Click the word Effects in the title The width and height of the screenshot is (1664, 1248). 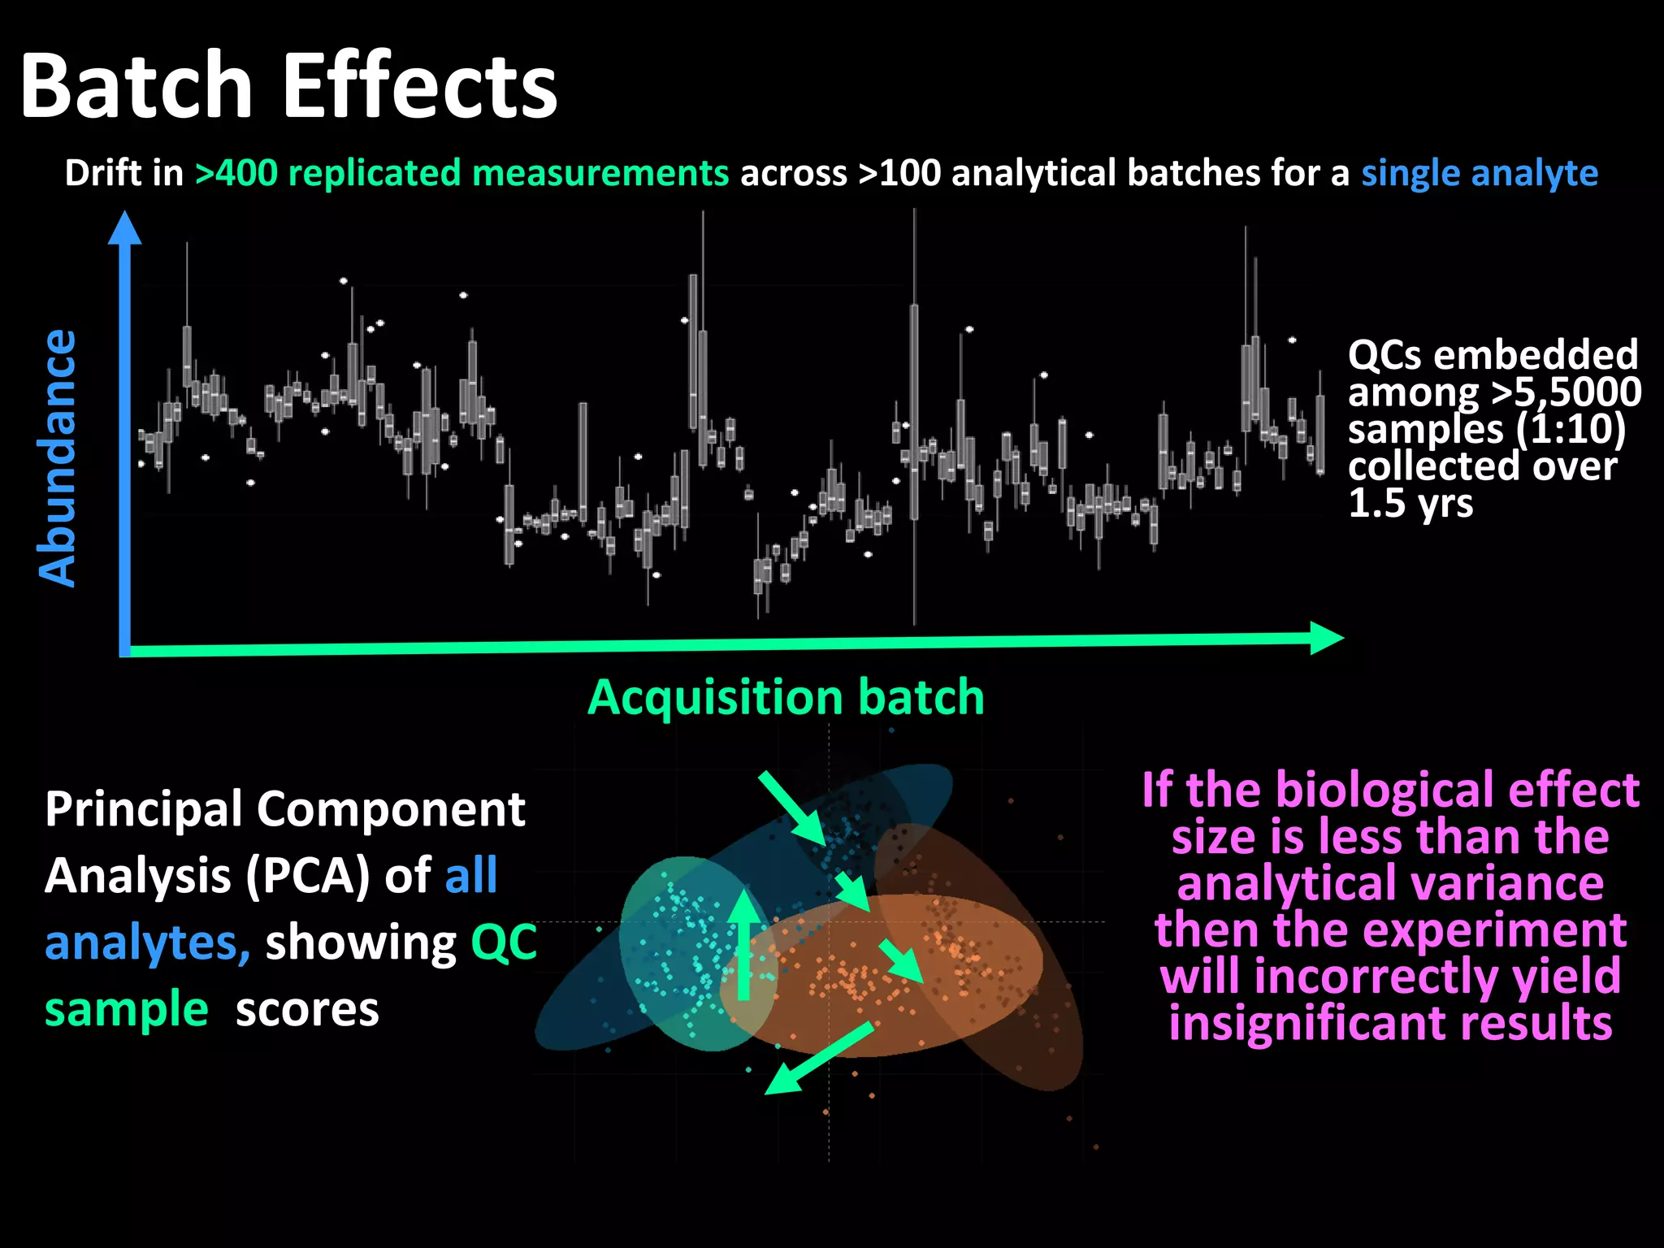[x=419, y=85]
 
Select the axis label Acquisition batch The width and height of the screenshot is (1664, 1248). [x=786, y=697]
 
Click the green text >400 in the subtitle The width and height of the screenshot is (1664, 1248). [x=236, y=173]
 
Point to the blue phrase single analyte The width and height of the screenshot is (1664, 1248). [x=1479, y=173]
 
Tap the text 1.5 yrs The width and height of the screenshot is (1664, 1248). [x=1410, y=503]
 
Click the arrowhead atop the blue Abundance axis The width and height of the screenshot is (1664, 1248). [x=125, y=228]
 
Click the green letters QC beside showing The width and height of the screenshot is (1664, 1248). [x=504, y=942]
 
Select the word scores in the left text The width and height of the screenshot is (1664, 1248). [x=307, y=1009]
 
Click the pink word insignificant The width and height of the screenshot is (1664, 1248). [x=1390, y=1023]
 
